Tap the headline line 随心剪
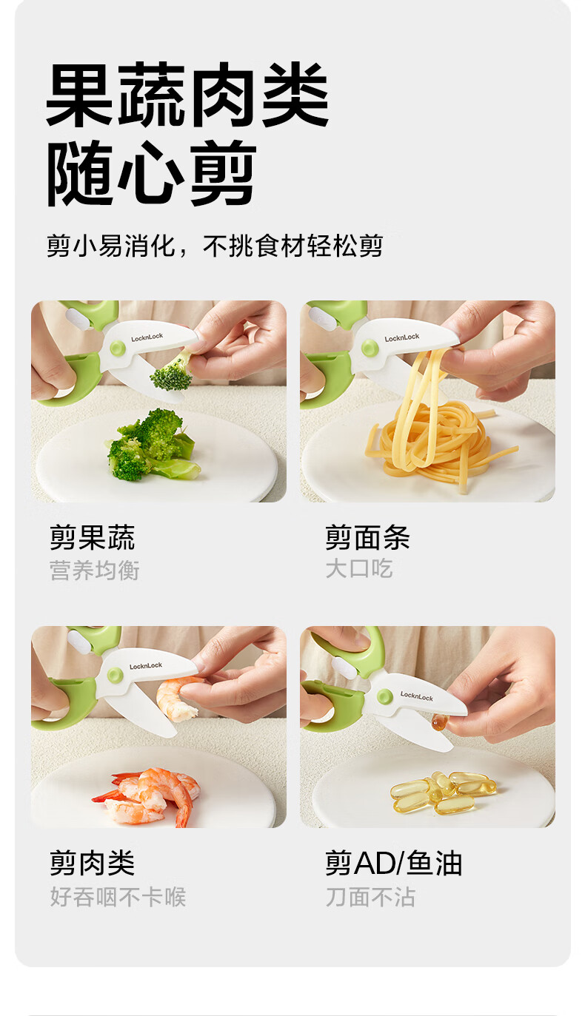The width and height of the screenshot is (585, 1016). click(x=152, y=173)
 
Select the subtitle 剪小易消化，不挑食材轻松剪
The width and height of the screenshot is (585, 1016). click(x=215, y=246)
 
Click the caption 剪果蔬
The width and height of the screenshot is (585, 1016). click(x=92, y=537)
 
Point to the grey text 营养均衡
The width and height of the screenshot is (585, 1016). click(x=94, y=570)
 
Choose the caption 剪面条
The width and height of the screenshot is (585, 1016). click(x=367, y=537)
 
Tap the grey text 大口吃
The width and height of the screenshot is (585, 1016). click(x=358, y=568)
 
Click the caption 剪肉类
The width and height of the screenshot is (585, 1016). click(x=92, y=863)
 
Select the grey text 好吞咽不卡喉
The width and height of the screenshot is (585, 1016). click(x=118, y=897)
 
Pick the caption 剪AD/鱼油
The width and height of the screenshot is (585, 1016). click(x=393, y=863)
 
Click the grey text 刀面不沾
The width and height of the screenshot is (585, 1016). click(x=370, y=897)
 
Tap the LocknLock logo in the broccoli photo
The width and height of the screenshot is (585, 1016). click(x=147, y=337)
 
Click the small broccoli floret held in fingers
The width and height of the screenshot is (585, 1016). click(x=173, y=372)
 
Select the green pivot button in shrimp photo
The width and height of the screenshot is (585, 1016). click(x=116, y=675)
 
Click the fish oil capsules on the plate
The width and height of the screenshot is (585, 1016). click(x=443, y=792)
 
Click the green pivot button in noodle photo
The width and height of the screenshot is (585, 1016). click(x=370, y=349)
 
